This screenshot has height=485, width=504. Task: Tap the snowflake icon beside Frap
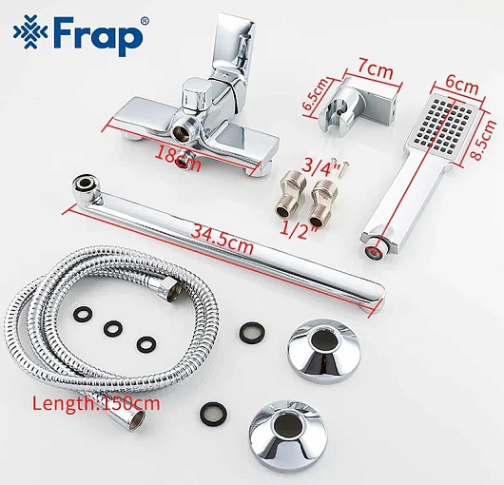(30, 32)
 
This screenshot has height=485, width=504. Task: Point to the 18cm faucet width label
(178, 159)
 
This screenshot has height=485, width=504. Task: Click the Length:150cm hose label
(96, 403)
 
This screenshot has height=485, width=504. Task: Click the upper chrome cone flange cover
(323, 350)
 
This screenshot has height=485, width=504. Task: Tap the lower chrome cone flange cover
(288, 434)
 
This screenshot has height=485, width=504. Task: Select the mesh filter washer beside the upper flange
(252, 331)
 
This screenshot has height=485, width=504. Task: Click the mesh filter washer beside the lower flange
(214, 413)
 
